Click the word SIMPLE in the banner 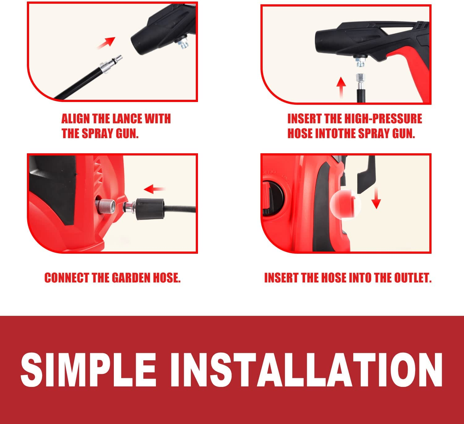[x=88, y=370]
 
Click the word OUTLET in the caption [x=412, y=278]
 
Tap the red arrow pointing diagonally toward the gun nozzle [x=106, y=43]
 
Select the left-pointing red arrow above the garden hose [x=155, y=189]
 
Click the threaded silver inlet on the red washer [x=106, y=206]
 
